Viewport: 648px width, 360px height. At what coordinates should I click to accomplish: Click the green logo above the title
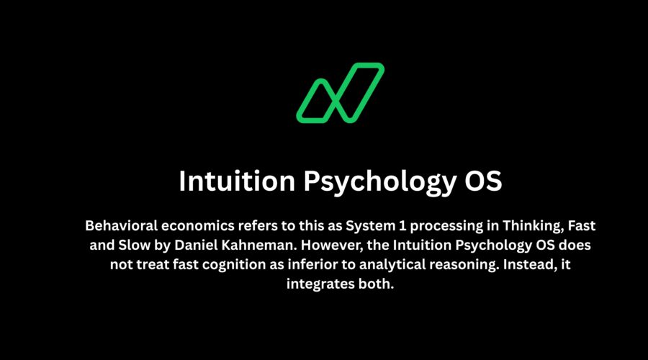coord(340,92)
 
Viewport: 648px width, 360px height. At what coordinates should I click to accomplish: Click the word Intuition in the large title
coord(236,181)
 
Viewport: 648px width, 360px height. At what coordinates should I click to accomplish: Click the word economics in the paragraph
coord(202,225)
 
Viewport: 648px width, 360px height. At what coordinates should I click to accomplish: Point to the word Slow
coord(131,245)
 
